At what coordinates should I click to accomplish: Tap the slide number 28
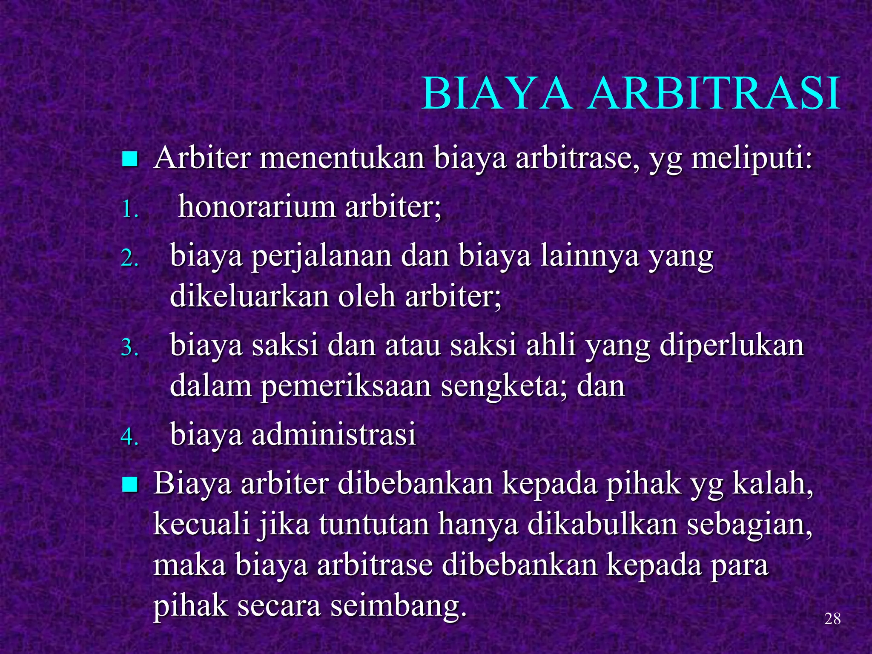coord(832,619)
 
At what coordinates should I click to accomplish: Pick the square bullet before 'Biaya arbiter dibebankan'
coord(129,485)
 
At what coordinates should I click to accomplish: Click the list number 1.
coord(130,209)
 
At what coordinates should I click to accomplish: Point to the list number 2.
coord(130,258)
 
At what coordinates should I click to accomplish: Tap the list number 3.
coord(130,348)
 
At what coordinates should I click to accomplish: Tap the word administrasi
coord(333,434)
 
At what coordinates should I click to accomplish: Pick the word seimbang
coord(399,606)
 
